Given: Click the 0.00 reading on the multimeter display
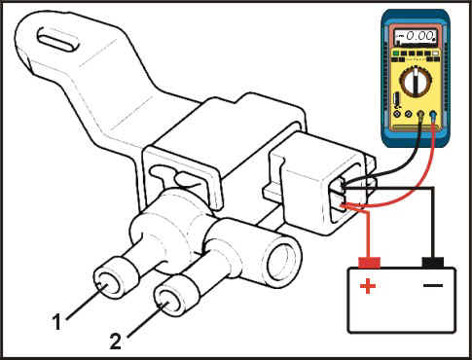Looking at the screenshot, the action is point(419,35).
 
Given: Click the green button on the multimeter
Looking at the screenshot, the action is point(396,53).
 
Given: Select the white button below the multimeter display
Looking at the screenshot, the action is point(436,53).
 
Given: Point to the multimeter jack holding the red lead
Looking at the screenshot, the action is point(433,114).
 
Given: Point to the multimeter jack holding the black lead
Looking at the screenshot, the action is point(420,114).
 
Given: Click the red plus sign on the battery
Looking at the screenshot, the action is point(368,286).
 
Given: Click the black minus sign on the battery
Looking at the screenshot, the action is point(433,285).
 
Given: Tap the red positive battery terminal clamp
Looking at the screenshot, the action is point(369,263).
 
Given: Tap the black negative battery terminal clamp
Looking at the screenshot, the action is point(432,263).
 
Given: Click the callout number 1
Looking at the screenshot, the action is point(57,322).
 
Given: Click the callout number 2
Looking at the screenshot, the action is point(116,342).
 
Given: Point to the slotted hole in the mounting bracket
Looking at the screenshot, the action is point(58,39).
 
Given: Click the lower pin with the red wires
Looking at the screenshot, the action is point(343,205).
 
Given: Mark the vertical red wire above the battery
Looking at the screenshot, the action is point(368,234).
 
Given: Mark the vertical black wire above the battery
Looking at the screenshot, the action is point(432,223).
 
